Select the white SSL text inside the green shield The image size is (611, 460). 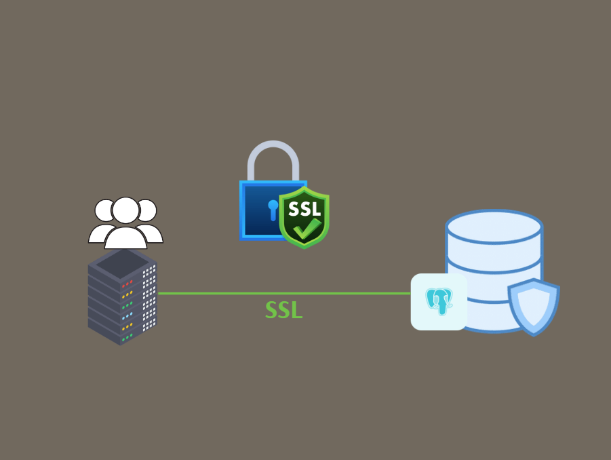click(304, 208)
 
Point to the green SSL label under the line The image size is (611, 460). click(283, 310)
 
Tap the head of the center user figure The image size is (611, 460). click(125, 210)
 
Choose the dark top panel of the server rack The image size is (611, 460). click(122, 265)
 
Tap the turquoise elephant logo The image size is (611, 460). click(439, 301)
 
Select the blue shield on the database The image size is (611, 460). click(534, 305)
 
